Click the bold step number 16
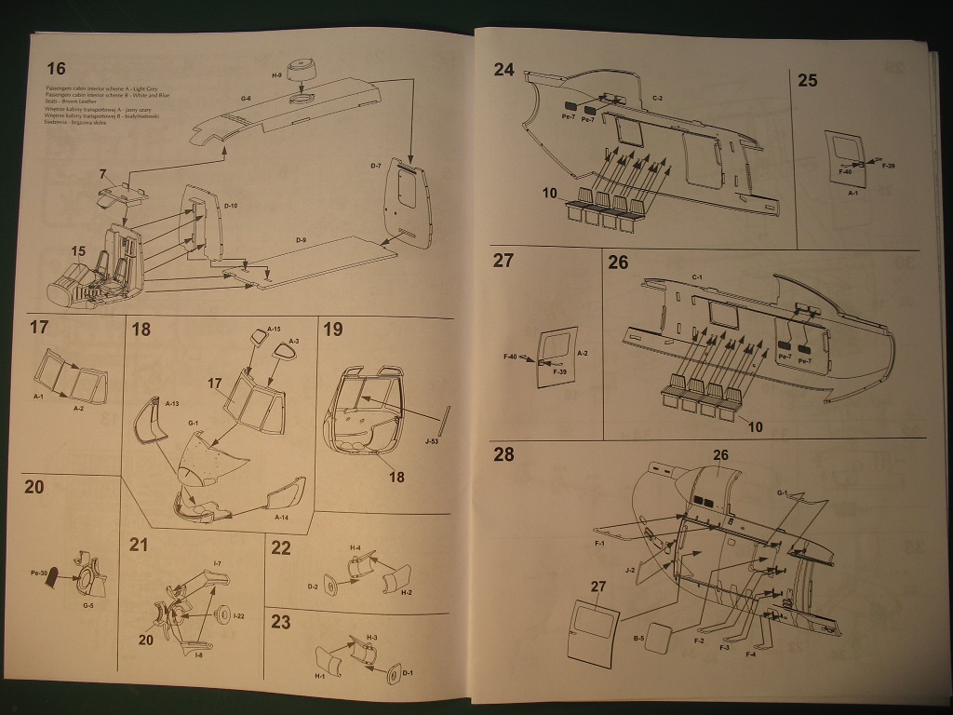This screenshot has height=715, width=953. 56,69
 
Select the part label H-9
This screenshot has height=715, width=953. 276,75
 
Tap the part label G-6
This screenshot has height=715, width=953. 246,98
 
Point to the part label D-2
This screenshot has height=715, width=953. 313,587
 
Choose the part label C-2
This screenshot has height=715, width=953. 658,98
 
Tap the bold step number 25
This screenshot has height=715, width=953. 807,80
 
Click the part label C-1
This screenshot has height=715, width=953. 696,278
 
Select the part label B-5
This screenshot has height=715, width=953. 639,640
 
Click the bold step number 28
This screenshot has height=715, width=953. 503,454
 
